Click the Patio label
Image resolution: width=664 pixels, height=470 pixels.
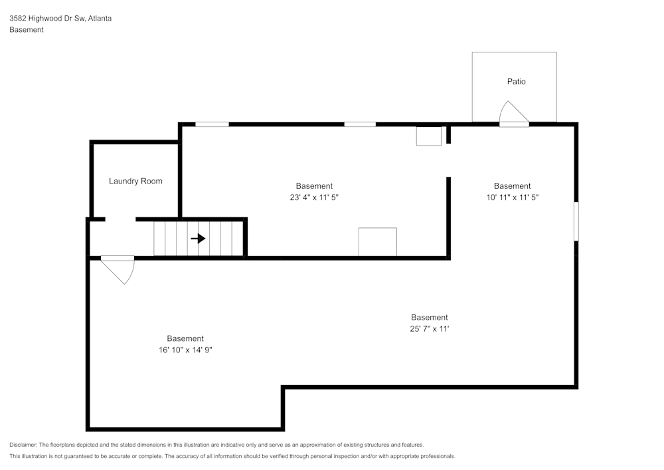tap(516, 81)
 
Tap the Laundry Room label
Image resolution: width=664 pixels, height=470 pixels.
tap(135, 181)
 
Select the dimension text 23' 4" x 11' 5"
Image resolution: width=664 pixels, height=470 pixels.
tap(314, 197)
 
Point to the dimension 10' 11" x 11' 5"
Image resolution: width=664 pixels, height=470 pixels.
tap(512, 197)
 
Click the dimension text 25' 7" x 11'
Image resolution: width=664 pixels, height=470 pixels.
tap(429, 329)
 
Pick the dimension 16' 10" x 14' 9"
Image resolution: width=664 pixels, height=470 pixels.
tap(185, 350)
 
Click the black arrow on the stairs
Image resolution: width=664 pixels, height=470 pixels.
tap(198, 238)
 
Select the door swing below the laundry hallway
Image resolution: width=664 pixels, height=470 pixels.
tap(120, 270)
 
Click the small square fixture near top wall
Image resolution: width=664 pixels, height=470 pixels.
tap(429, 136)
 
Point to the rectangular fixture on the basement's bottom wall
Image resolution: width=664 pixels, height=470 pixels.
tap(377, 242)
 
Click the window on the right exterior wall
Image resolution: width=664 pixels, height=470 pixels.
tap(576, 221)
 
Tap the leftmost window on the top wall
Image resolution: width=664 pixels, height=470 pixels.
tap(212, 124)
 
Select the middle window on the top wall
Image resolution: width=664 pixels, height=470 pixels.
tap(360, 124)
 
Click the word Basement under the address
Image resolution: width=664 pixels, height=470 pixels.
tap(27, 30)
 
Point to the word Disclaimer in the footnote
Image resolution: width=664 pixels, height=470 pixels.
tap(23, 445)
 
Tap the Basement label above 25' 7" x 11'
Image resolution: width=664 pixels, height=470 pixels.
tap(429, 317)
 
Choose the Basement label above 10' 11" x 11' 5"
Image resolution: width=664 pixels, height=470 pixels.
tap(512, 186)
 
